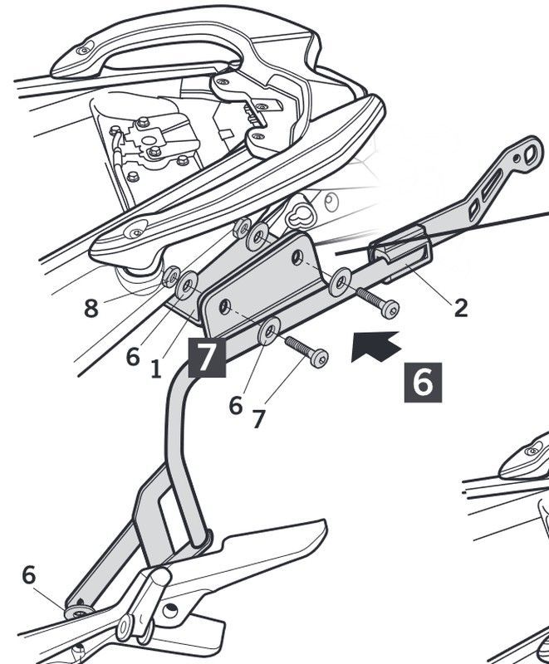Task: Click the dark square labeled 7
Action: coord(208,357)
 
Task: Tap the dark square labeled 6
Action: coord(423,382)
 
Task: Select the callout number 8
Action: coord(91,309)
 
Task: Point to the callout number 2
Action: coord(461,308)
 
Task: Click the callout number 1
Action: coord(156,369)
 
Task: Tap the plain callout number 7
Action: coord(258,419)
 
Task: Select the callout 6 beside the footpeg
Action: coord(29,575)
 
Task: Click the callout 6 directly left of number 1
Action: coord(133,357)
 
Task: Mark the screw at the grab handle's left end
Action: coord(82,51)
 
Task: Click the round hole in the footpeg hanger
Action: coord(172,612)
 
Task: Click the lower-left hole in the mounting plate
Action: coord(223,307)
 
